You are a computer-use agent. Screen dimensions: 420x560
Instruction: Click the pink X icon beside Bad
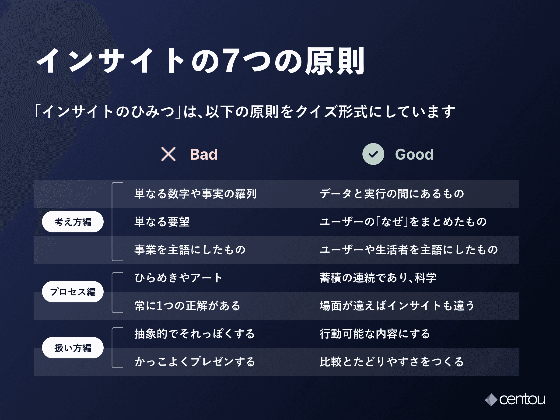coord(168,154)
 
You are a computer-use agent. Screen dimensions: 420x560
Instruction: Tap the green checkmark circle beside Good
coord(373,154)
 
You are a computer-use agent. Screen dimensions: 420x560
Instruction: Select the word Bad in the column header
coord(204,154)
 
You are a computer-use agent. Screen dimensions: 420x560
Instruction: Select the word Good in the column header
coord(414,154)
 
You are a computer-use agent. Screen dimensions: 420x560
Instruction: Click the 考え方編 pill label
coord(73,222)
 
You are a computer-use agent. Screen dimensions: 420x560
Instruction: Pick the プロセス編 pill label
coord(73,292)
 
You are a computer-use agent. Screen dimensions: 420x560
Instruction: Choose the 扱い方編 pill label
coord(73,348)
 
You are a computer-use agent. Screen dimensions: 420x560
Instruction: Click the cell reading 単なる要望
coord(162,222)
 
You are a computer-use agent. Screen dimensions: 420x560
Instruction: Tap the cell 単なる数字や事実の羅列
coord(196,194)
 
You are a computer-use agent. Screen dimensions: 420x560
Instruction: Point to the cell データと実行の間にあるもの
coord(392,194)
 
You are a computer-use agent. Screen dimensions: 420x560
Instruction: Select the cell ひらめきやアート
coord(178,278)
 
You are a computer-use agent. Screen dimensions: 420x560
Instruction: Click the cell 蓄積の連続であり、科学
coord(378,278)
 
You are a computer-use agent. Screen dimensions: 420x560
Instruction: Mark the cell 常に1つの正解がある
coord(187,306)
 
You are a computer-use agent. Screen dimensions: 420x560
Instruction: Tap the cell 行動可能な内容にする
coord(375,334)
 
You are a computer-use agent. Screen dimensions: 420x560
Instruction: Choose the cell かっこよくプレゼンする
coord(195,361)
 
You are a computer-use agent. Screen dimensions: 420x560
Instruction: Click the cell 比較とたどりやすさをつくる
coord(392,361)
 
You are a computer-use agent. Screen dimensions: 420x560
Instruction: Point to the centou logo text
coord(522,400)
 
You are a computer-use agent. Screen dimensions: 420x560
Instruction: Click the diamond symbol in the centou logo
coord(491,400)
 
